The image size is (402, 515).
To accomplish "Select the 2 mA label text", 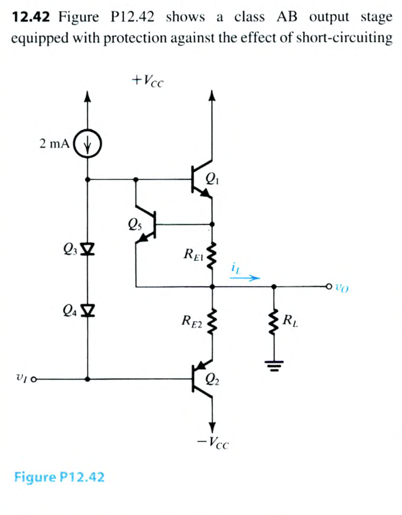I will click(54, 143).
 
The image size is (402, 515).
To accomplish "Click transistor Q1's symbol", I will click(202, 180).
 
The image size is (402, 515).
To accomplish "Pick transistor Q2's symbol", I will click(202, 380).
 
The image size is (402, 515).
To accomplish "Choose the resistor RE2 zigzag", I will click(212, 322).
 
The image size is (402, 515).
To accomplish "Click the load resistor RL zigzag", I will click(273, 323).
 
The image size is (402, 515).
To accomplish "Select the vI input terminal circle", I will click(34, 379).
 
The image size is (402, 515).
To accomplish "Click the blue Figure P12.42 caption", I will click(59, 477).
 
